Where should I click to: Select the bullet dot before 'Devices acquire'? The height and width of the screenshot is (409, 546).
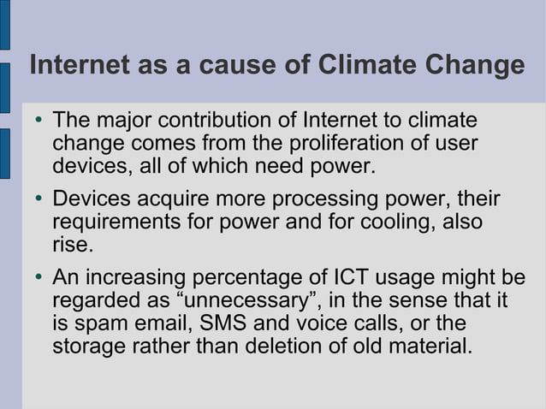39,200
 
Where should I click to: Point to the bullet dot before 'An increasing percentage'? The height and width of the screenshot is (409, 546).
39,279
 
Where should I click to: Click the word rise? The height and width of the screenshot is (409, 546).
70,246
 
